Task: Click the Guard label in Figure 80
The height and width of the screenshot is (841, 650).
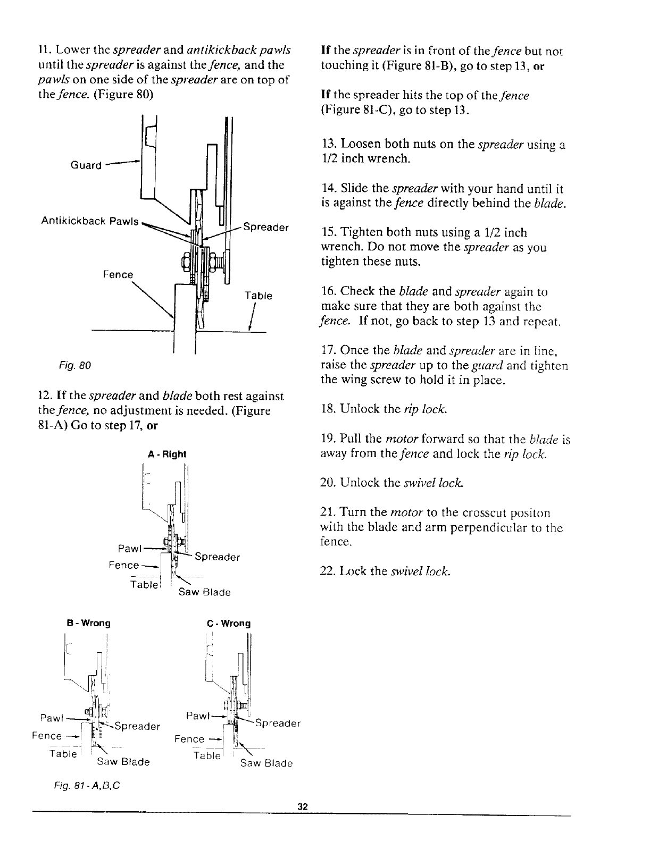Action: click(86, 165)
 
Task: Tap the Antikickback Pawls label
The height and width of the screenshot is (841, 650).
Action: click(89, 221)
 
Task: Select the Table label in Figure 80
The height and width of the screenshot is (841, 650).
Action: click(258, 296)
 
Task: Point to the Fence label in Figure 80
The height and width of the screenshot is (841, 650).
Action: click(118, 274)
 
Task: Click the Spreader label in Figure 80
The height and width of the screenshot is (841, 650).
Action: click(266, 228)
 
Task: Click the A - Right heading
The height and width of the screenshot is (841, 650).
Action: click(167, 454)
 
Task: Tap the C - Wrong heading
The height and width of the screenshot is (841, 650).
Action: click(229, 623)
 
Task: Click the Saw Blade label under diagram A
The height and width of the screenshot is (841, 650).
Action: click(205, 592)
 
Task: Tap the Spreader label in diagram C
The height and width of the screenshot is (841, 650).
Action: click(278, 724)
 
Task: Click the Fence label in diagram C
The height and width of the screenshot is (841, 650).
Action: click(189, 739)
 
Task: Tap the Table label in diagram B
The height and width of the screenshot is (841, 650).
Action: click(63, 754)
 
